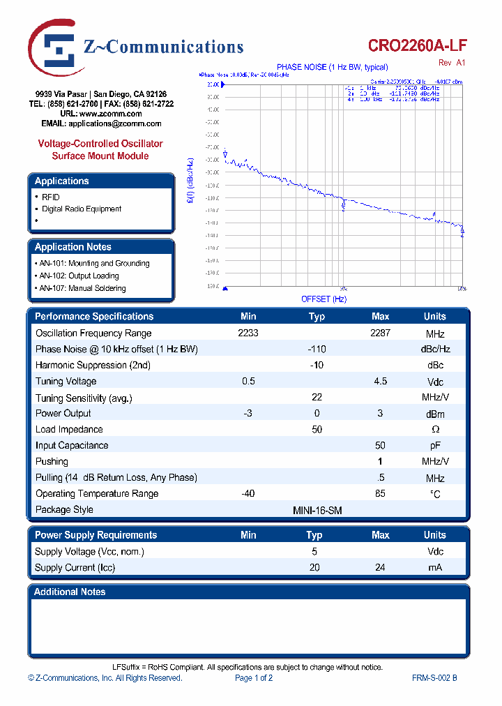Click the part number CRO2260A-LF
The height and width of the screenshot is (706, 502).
(x=418, y=46)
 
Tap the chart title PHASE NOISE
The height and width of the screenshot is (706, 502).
(x=332, y=67)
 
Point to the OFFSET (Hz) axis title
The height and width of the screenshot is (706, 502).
(x=324, y=299)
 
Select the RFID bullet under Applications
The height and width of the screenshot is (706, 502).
(x=51, y=197)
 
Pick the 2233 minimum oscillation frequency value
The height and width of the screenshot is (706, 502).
(x=248, y=333)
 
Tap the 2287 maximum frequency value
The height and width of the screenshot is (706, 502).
(x=380, y=333)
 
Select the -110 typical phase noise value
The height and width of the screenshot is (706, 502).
(x=317, y=350)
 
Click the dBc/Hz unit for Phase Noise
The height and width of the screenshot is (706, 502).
(x=434, y=350)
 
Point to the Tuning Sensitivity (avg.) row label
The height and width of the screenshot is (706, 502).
(x=84, y=398)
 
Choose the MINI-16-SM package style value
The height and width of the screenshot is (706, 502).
(x=317, y=510)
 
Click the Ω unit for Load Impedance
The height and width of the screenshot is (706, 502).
(x=435, y=430)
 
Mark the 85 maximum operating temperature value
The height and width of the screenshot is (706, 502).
(x=380, y=494)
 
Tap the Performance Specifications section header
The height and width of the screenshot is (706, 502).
(x=94, y=317)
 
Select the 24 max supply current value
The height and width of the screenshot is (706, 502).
(x=380, y=568)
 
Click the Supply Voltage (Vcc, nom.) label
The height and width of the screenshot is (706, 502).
(x=89, y=552)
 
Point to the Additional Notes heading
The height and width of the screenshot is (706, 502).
(x=70, y=592)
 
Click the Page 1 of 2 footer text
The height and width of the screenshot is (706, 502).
(x=254, y=678)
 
